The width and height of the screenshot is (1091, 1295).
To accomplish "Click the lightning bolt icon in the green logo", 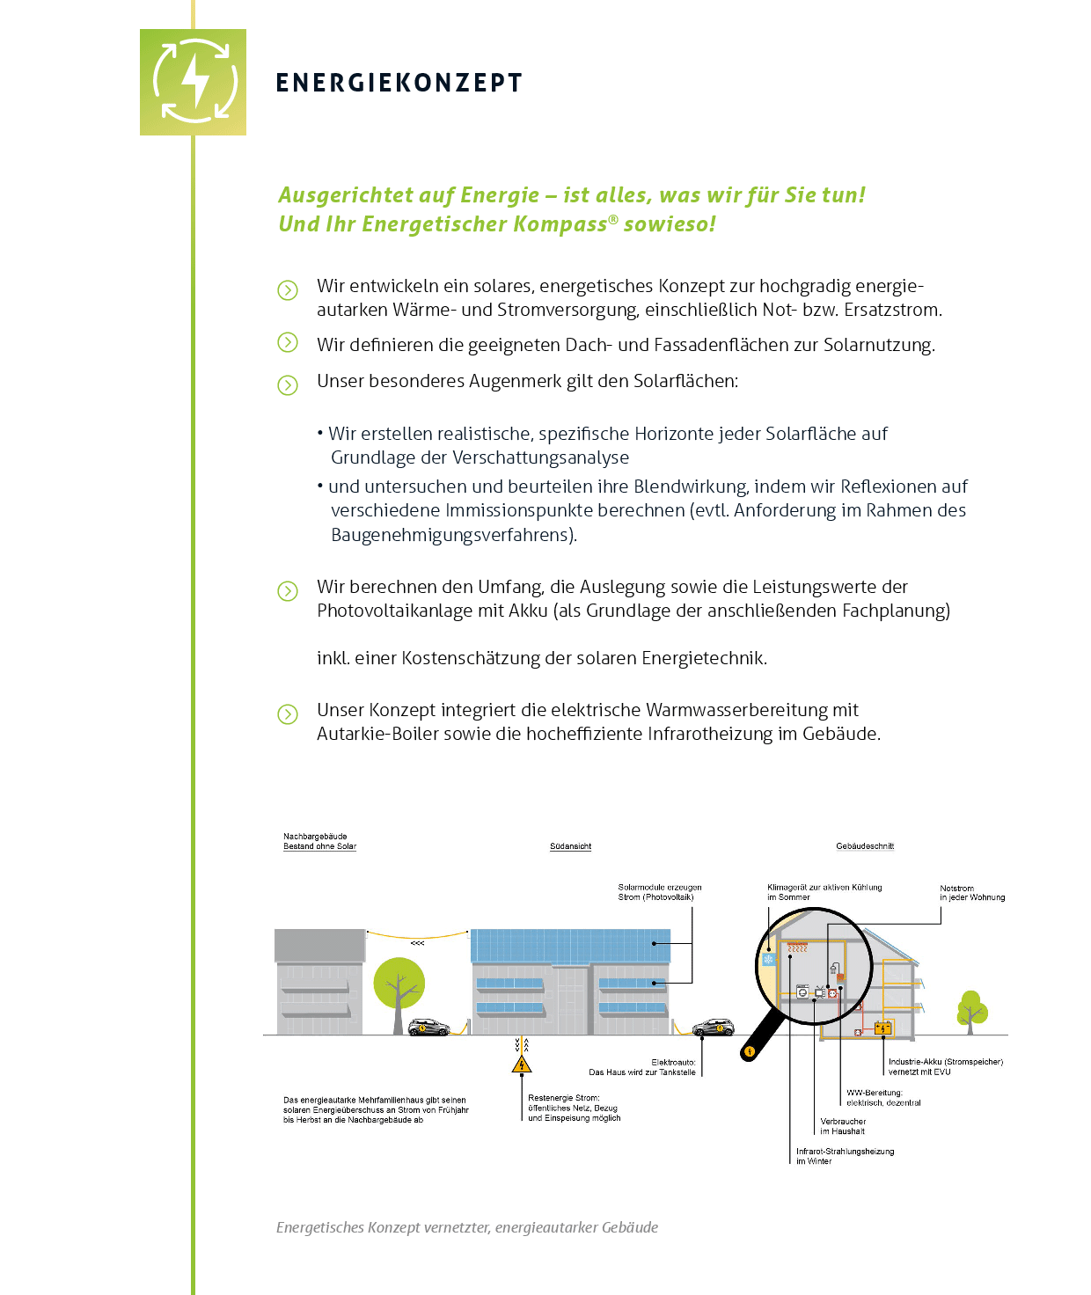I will click(x=194, y=81).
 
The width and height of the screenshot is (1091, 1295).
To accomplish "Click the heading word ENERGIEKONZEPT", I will click(x=399, y=84).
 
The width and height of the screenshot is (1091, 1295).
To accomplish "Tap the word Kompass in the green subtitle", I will click(x=560, y=224).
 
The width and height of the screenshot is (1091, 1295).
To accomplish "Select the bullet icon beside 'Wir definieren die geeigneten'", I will click(x=288, y=343).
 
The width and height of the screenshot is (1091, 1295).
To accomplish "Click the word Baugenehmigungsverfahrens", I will click(x=452, y=535).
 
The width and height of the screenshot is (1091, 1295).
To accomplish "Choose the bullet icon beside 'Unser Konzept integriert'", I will click(x=288, y=713).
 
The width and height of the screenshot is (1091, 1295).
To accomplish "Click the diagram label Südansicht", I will click(x=570, y=846).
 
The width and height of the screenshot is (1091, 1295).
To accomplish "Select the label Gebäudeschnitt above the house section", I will click(x=864, y=846).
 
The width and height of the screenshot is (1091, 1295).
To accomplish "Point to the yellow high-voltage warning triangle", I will click(x=522, y=1065).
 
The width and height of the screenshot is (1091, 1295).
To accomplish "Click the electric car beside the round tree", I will click(x=428, y=1027).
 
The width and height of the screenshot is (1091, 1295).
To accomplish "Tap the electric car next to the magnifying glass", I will click(x=713, y=1027).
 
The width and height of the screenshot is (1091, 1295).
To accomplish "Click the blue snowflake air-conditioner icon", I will click(x=769, y=959).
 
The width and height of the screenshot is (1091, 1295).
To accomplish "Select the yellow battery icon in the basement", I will click(x=883, y=1027).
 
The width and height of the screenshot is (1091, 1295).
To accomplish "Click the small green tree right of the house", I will click(x=971, y=1012).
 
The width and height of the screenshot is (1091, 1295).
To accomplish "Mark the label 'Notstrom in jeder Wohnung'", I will click(x=971, y=893).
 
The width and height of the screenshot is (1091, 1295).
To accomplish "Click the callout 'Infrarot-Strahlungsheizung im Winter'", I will click(x=845, y=1156).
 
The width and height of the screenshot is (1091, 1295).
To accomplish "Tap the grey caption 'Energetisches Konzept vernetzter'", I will click(x=466, y=1227).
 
